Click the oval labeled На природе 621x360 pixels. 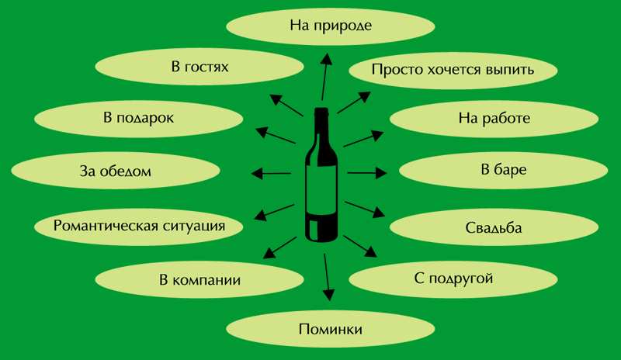331,26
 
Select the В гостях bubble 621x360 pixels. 199,67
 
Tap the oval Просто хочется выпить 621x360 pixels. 453,70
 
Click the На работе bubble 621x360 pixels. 494,119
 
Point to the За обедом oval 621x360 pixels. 115,171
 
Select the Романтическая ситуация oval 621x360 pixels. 139,226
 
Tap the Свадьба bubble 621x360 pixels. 494,228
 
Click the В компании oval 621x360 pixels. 199,279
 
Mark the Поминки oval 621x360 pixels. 331,329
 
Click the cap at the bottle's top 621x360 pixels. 321,113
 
